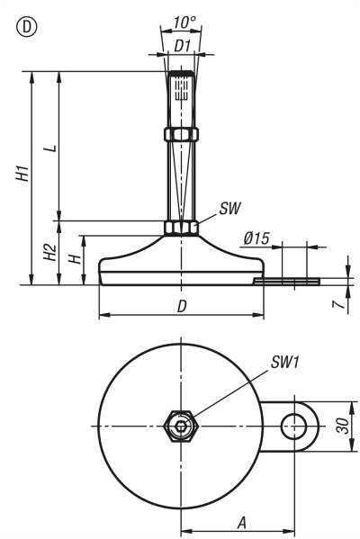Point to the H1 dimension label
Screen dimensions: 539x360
pyautogui.click(x=21, y=175)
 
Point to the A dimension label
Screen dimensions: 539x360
pyautogui.click(x=241, y=521)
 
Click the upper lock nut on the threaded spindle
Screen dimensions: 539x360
pyautogui.click(x=180, y=134)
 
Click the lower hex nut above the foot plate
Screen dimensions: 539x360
pyautogui.click(x=180, y=228)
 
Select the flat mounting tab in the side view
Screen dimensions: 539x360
pyautogui.click(x=286, y=281)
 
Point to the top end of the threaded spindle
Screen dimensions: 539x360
pyautogui.click(x=180, y=74)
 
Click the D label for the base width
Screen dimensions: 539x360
pyautogui.click(x=182, y=306)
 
